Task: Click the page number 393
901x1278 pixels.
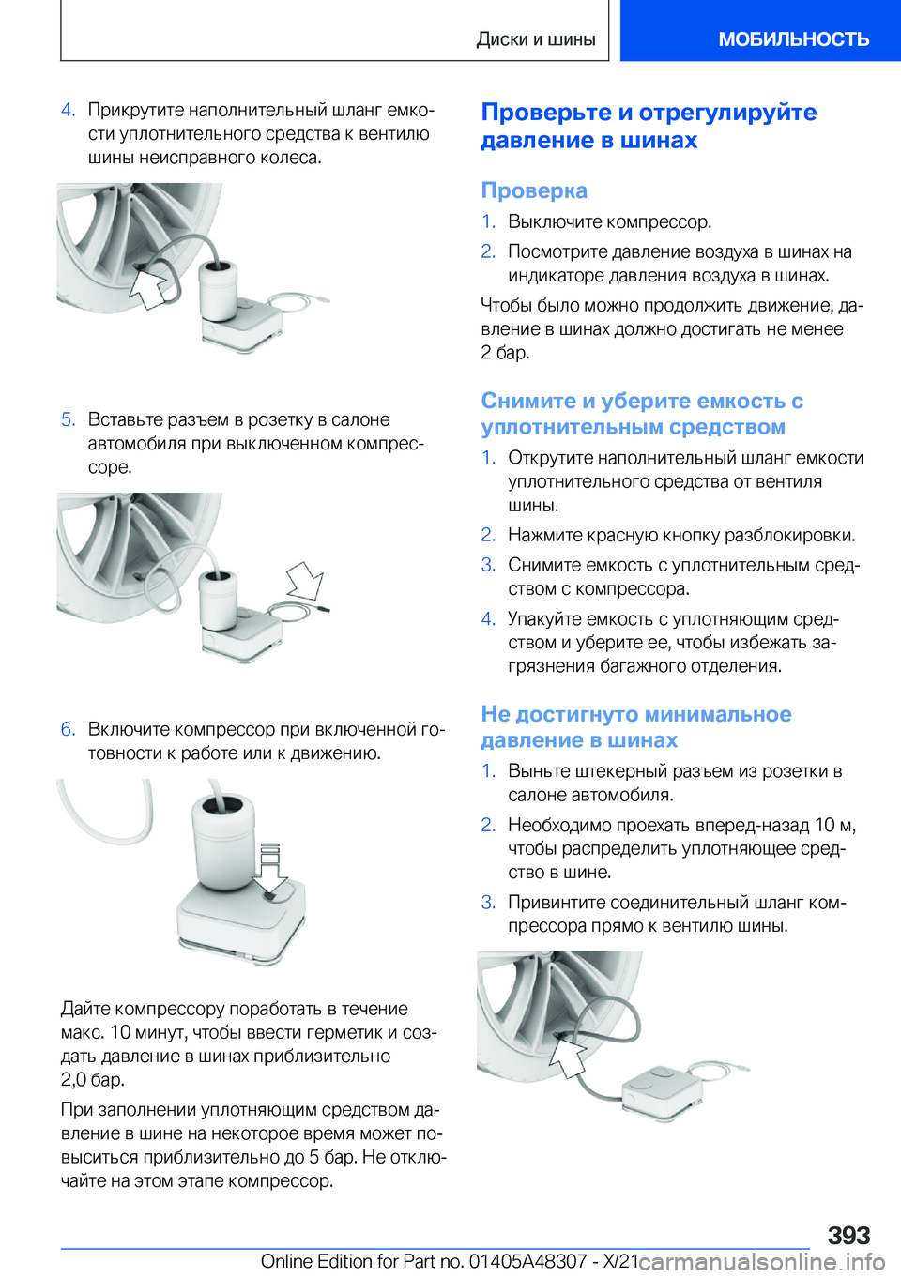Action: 848,1235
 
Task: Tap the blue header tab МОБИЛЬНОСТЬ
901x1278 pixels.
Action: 793,39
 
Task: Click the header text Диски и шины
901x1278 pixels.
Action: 536,39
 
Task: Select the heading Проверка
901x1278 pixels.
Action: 534,190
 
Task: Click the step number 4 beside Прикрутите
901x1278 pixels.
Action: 68,110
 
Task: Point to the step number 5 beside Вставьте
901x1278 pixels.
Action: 68,419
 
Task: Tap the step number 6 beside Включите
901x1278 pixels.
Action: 68,729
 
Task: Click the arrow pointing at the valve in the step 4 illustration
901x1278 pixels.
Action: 150,285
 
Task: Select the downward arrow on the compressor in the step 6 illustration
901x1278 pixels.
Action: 271,869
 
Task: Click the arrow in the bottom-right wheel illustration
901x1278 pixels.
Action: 569,1057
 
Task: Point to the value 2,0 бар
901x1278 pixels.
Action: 93,1079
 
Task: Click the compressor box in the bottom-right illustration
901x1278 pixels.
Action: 663,1088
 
